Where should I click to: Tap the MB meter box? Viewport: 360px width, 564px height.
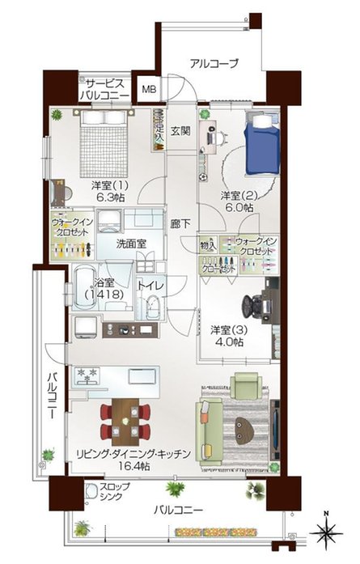(x=150, y=90)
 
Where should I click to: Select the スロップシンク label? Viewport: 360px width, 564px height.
(x=102, y=494)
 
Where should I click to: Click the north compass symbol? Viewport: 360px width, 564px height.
(x=325, y=532)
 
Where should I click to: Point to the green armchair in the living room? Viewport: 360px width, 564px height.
(x=244, y=385)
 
